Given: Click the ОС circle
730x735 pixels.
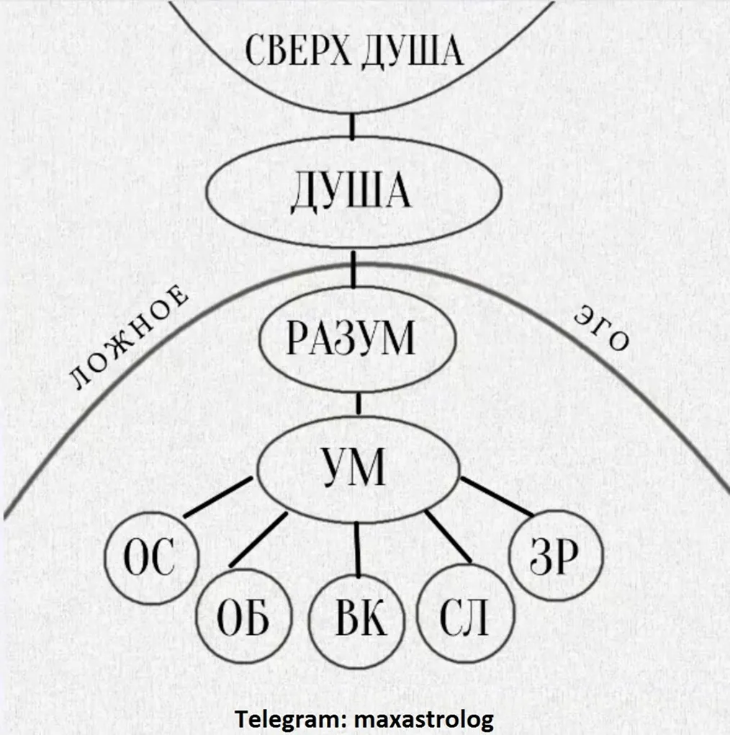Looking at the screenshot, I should (x=150, y=559).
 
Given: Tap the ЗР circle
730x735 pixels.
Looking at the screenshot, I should (x=554, y=555).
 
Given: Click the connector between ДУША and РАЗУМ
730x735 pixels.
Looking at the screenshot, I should (x=353, y=268).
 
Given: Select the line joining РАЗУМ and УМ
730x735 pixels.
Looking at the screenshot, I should (x=358, y=404).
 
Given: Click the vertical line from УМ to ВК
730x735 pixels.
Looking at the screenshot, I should (x=358, y=548).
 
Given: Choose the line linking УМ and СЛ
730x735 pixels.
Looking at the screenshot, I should (x=448, y=538).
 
